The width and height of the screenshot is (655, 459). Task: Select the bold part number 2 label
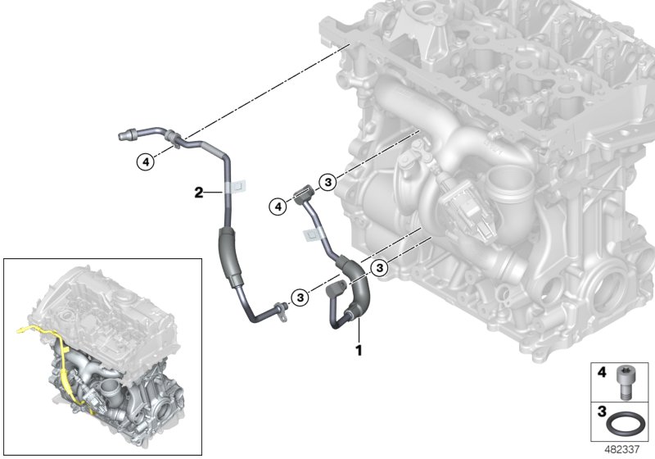click(198, 193)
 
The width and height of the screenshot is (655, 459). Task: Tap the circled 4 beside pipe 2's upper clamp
click(145, 162)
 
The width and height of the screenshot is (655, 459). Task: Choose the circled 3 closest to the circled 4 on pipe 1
click(327, 182)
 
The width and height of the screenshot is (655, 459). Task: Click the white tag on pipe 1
click(312, 235)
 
